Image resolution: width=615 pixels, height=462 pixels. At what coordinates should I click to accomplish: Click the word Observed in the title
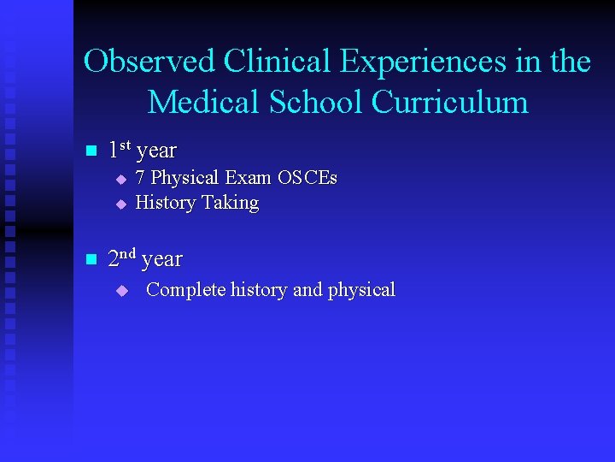(149, 62)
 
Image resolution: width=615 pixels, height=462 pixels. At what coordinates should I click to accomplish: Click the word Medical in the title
(202, 102)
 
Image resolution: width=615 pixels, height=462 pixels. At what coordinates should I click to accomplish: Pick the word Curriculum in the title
(450, 102)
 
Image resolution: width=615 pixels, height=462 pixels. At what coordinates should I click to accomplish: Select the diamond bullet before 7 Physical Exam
(120, 180)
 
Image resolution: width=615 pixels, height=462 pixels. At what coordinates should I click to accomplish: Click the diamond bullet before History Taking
(120, 204)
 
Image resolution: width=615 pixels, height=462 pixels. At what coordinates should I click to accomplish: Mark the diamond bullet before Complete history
(120, 291)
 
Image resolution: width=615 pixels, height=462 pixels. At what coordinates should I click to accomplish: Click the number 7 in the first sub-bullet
(141, 178)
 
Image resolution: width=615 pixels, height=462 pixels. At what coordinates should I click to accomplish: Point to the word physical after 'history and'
(361, 290)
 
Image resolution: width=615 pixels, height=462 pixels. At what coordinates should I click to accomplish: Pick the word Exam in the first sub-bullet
(247, 178)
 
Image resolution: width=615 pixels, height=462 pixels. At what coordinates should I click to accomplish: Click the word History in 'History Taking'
(166, 204)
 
